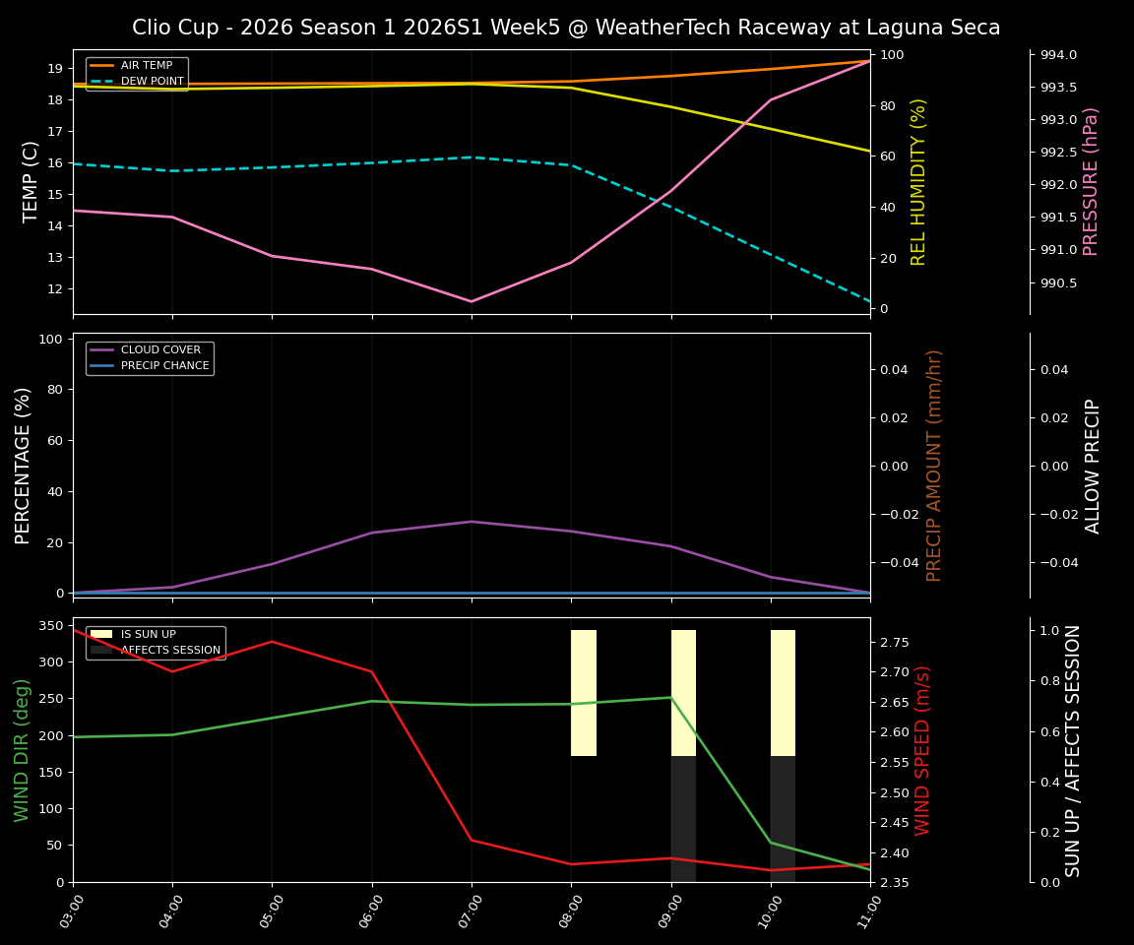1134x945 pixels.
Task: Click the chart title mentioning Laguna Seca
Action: click(566, 28)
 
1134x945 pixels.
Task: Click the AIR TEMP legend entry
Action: click(146, 65)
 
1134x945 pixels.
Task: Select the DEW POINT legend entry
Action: click(152, 81)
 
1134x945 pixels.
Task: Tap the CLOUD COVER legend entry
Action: click(160, 349)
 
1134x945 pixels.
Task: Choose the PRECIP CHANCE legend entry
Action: click(164, 365)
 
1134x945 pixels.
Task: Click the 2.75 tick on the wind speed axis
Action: click(894, 642)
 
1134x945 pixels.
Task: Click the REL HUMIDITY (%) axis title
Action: click(919, 182)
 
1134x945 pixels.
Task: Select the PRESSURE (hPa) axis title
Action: click(1091, 182)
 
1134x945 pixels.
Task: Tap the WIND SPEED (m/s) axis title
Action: click(922, 750)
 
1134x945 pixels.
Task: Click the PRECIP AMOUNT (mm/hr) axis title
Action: click(934, 466)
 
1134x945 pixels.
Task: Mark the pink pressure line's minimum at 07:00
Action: click(471, 301)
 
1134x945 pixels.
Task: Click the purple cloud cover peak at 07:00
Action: click(471, 522)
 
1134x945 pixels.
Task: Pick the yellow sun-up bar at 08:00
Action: click(584, 693)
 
